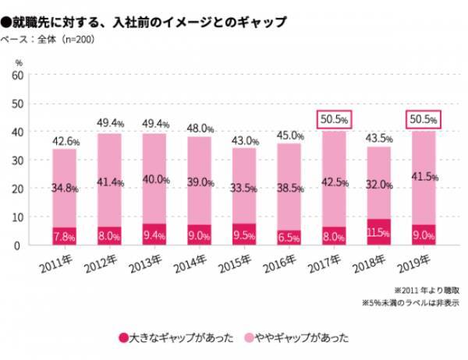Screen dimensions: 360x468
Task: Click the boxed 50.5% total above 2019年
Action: pyautogui.click(x=424, y=119)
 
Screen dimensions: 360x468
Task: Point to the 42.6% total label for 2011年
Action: pyautogui.click(x=65, y=141)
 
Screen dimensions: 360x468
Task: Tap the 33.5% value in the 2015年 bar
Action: pyautogui.click(x=245, y=188)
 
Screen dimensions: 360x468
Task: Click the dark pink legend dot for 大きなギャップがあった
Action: pyautogui.click(x=122, y=337)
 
